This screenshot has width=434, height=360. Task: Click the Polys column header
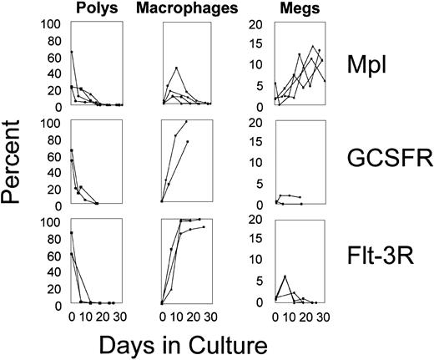[x=94, y=9]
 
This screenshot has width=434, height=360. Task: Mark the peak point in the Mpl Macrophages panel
[x=176, y=68]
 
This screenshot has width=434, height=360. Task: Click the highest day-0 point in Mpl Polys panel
[x=72, y=51]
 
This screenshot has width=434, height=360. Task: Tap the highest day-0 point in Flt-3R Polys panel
[x=72, y=232]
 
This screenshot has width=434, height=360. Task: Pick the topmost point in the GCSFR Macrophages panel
[x=186, y=122]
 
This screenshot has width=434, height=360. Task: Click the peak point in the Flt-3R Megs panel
[x=285, y=276]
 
